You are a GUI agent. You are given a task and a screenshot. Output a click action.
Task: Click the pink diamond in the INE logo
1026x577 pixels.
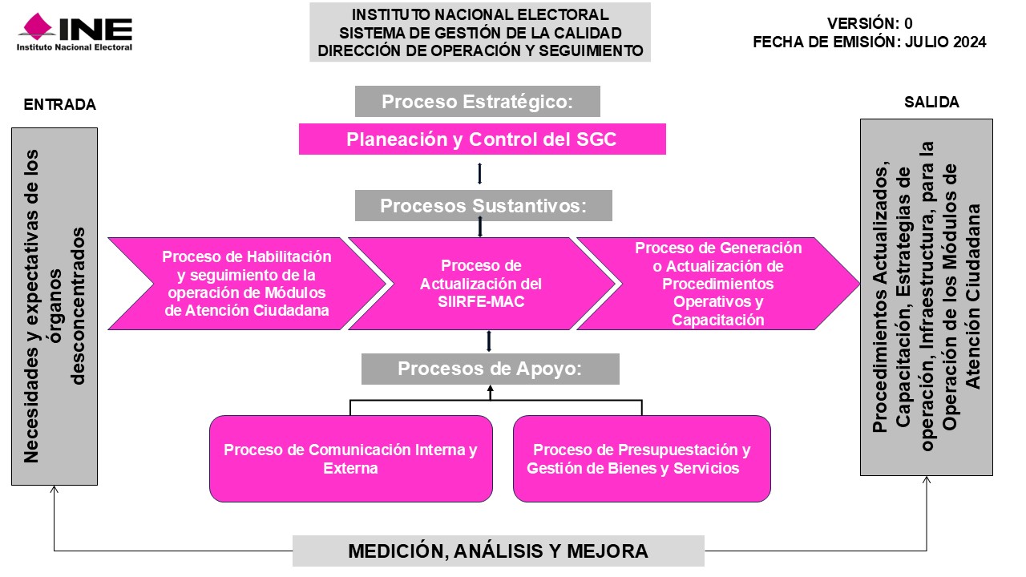(x=38, y=26)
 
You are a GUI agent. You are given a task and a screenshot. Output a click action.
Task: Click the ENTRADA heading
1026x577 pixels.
(x=60, y=104)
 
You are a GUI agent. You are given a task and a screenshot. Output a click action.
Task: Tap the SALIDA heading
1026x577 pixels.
(x=931, y=102)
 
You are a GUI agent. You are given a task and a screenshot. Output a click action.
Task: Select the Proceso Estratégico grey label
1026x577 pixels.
(x=477, y=101)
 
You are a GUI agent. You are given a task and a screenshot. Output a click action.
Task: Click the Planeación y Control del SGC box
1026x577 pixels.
(x=483, y=139)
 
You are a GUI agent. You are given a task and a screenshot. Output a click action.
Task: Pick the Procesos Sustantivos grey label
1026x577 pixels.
(x=483, y=206)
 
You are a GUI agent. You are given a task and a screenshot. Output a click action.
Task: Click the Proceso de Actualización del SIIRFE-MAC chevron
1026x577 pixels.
(x=481, y=284)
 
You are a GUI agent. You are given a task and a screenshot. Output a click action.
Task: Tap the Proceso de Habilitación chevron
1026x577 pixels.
(x=246, y=284)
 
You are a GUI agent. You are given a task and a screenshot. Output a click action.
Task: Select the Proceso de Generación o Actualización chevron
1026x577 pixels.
(x=717, y=284)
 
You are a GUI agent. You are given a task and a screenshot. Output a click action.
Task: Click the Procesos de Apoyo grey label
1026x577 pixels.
(x=490, y=369)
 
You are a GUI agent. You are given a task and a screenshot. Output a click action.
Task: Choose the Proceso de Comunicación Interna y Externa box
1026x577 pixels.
(x=351, y=458)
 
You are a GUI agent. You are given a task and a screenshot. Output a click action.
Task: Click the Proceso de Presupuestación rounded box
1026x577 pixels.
(x=642, y=458)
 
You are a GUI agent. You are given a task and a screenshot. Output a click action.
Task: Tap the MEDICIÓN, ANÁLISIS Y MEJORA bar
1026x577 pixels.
(x=499, y=551)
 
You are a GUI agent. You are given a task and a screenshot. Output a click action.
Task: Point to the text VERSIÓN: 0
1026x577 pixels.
(x=870, y=23)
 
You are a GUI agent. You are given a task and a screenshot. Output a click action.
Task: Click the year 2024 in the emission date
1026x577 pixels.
(x=969, y=42)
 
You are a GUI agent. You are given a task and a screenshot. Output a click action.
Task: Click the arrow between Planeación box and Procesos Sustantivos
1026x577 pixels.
(x=479, y=174)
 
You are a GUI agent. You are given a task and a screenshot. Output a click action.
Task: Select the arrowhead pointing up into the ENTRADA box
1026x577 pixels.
(x=54, y=489)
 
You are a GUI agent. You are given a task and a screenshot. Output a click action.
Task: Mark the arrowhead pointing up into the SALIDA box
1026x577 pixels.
(x=926, y=480)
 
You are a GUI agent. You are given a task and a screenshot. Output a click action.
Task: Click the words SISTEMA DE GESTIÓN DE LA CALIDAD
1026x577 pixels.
(x=480, y=33)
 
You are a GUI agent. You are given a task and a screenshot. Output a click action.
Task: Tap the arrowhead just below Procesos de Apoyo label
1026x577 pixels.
(x=490, y=389)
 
